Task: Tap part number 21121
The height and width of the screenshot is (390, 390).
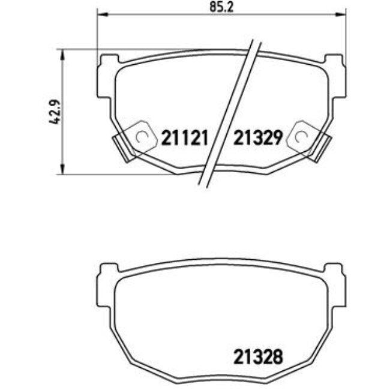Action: pos(184,138)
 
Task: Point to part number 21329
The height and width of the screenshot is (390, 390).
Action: pos(257,138)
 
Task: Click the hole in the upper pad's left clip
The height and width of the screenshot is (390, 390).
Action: pos(142,137)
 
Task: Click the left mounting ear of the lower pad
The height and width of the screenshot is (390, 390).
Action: pos(108,271)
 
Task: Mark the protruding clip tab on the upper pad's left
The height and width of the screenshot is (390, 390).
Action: pos(122,147)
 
